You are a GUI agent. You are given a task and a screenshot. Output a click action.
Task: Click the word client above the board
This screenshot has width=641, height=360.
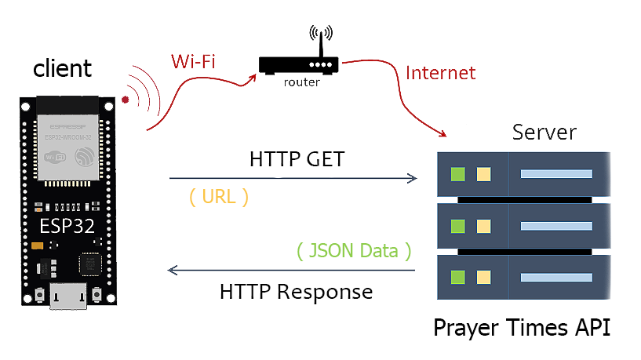pyautogui.click(x=62, y=68)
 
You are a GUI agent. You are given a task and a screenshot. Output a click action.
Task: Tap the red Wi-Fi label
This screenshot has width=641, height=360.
pyautogui.click(x=193, y=60)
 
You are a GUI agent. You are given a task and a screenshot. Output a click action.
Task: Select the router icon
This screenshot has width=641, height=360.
pyautogui.click(x=300, y=64)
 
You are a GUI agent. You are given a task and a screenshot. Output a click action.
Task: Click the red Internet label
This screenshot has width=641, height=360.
pyautogui.click(x=440, y=73)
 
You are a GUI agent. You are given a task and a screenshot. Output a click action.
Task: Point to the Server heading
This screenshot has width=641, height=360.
pyautogui.click(x=544, y=131)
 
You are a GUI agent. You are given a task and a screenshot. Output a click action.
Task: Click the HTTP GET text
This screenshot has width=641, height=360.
pyautogui.click(x=297, y=159)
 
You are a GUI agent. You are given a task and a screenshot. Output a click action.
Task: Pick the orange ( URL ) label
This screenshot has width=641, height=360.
pyautogui.click(x=219, y=197)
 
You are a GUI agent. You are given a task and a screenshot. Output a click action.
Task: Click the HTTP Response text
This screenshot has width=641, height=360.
pyautogui.click(x=296, y=292)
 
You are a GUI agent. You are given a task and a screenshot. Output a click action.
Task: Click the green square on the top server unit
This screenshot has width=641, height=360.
pyautogui.click(x=458, y=174)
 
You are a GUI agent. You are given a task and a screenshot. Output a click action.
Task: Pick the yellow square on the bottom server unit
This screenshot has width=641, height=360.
pyautogui.click(x=483, y=278)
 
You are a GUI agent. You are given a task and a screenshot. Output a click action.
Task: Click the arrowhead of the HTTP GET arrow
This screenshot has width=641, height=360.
pyautogui.click(x=413, y=179)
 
